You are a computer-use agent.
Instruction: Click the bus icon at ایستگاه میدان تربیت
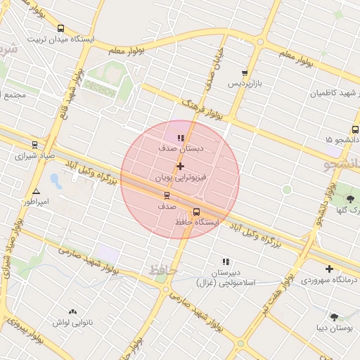[60, 29]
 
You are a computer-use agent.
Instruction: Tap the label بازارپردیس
[243, 83]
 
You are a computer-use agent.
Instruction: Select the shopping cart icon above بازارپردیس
[244, 72]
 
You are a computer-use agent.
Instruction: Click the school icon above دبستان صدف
[181, 138]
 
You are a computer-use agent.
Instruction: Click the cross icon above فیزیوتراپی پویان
[181, 167]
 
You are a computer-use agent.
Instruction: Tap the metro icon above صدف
[167, 195]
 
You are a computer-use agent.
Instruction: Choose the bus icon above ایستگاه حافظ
[196, 211]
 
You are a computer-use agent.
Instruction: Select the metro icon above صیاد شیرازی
[34, 144]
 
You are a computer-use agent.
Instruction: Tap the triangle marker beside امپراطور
[36, 191]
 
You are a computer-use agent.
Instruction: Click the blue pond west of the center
[56, 181]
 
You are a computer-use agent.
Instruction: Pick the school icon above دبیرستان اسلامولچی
[226, 262]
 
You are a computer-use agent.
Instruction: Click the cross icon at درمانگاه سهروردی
[329, 269]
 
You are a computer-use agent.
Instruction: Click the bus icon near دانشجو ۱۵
[355, 130]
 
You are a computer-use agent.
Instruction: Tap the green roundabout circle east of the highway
[286, 190]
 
